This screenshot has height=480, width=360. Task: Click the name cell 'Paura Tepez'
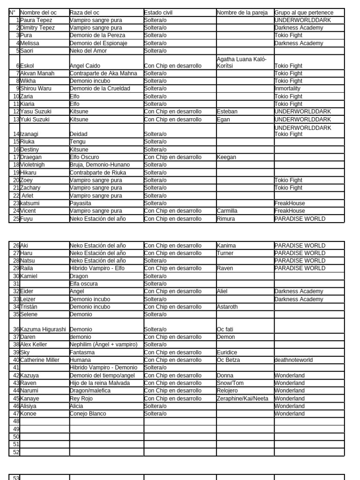[x=37, y=20]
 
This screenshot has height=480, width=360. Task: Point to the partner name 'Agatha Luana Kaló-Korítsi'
[x=242, y=62]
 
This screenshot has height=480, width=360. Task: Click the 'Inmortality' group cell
[x=287, y=89]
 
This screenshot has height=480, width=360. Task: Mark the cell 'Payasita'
[x=81, y=203]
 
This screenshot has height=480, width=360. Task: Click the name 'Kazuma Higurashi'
[x=44, y=330]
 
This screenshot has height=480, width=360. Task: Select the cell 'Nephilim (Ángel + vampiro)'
[x=104, y=345]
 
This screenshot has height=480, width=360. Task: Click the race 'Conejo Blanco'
[x=88, y=414]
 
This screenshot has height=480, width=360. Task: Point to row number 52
[x=16, y=452]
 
